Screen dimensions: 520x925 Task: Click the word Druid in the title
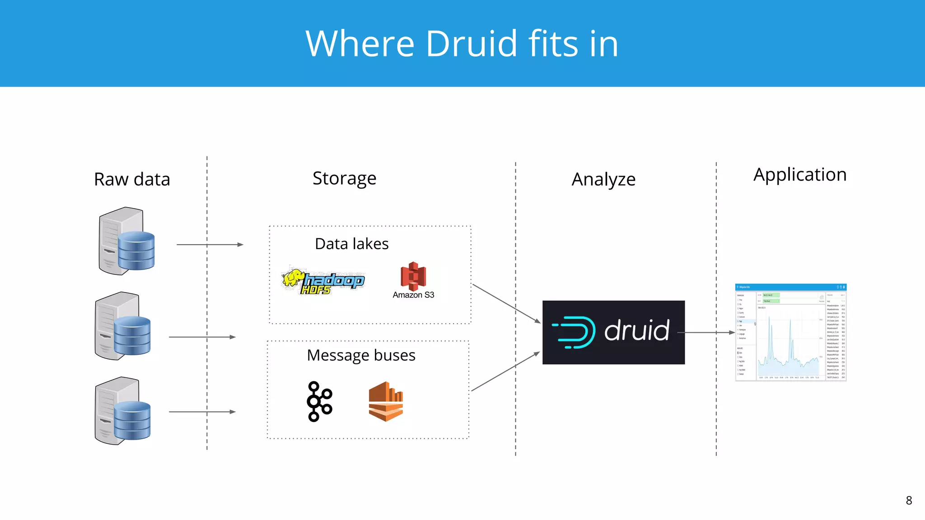point(471,44)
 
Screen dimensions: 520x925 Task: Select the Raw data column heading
point(132,179)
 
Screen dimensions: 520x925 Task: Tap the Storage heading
point(344,178)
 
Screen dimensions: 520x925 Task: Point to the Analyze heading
point(603,179)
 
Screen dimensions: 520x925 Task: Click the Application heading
point(799,175)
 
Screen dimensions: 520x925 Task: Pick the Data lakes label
point(351,244)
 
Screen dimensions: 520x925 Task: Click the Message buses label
point(361,355)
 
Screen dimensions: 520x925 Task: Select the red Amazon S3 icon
point(413,276)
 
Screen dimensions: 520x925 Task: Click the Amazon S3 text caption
point(413,295)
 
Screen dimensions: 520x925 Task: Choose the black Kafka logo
point(319,401)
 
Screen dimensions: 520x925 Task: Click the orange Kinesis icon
point(386,401)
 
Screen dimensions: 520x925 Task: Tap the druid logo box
point(613,332)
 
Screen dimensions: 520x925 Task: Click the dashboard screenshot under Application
point(790,332)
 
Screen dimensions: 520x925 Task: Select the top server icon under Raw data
point(127,241)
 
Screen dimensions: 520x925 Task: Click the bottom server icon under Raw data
point(123,411)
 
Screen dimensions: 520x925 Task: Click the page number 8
point(909,501)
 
